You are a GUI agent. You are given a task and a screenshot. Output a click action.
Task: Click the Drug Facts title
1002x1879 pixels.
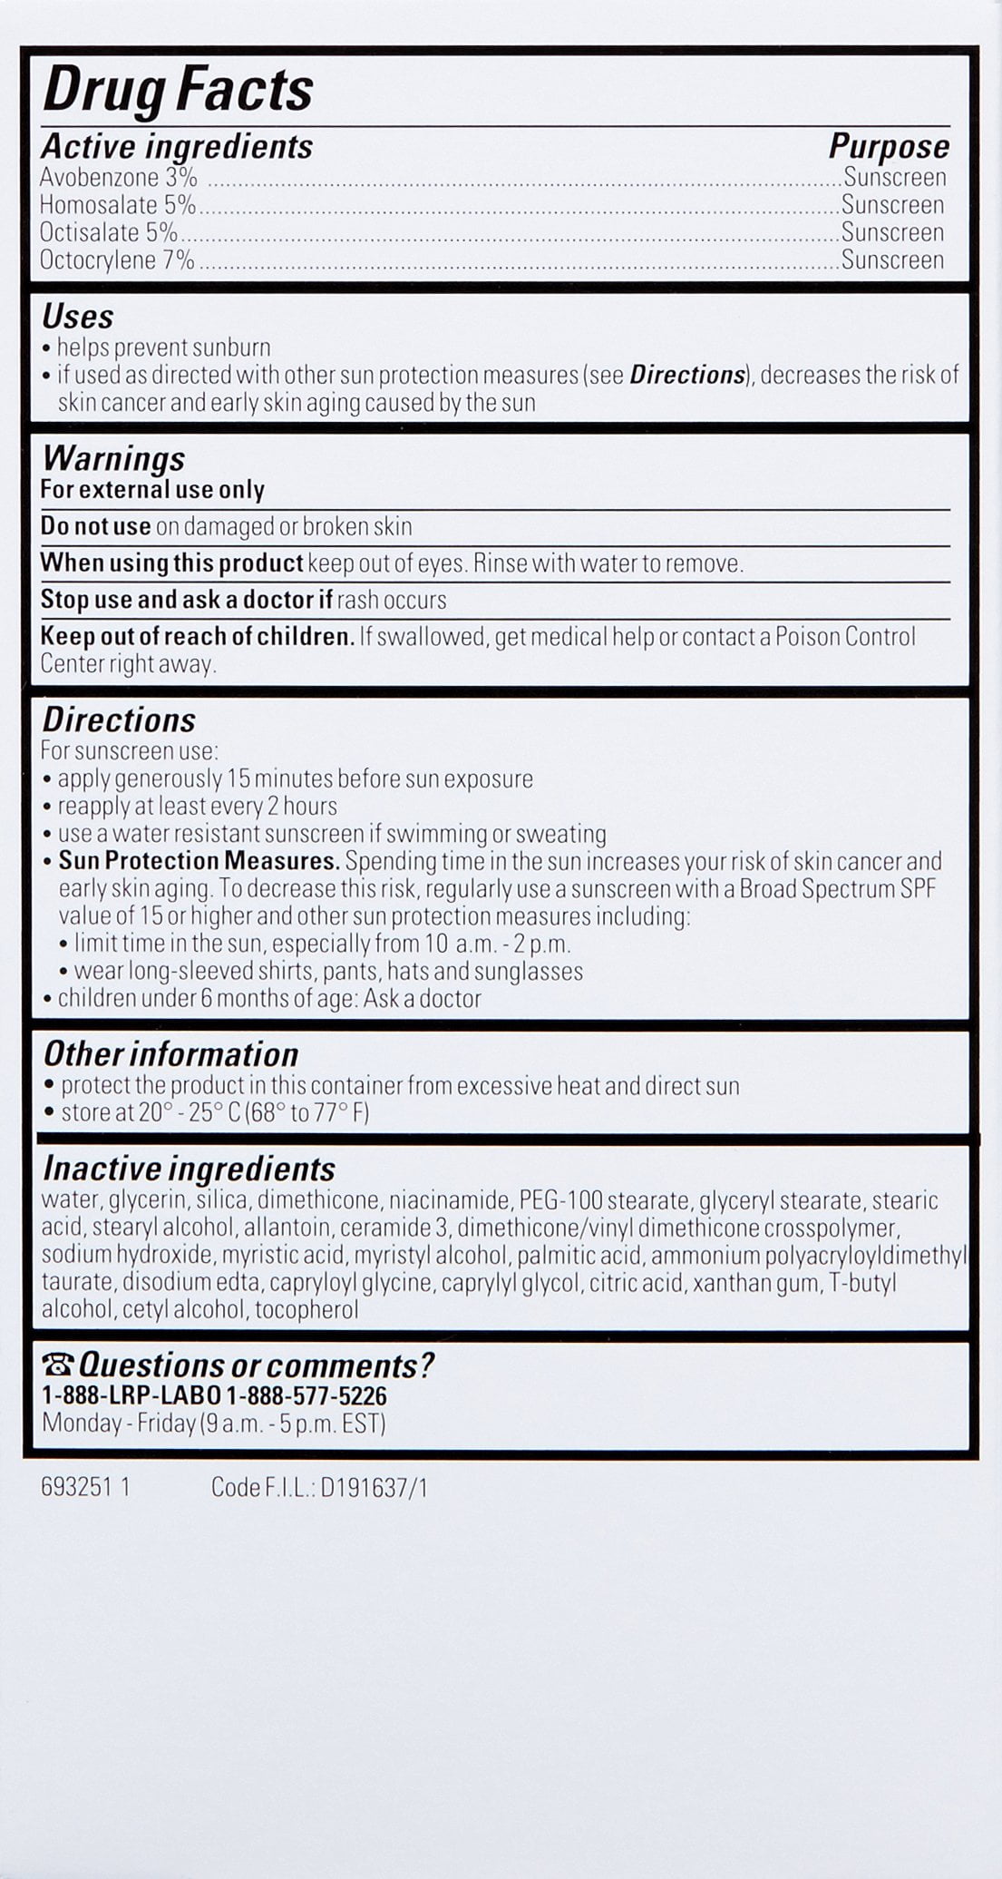click(x=178, y=91)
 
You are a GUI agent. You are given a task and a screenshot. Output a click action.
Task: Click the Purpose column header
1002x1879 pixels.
click(x=889, y=147)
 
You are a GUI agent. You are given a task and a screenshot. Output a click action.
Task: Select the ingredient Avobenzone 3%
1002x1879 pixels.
click(x=118, y=177)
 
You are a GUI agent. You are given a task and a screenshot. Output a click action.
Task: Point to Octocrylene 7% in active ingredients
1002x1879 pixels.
click(x=117, y=260)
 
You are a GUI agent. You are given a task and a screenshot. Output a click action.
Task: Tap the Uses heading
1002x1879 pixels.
click(x=78, y=317)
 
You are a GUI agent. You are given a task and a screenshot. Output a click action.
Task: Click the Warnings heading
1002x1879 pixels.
click(x=113, y=458)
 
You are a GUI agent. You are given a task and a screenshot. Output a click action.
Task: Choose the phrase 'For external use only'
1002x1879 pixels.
click(x=152, y=490)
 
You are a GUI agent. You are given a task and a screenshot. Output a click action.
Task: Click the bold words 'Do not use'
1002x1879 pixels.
click(x=95, y=526)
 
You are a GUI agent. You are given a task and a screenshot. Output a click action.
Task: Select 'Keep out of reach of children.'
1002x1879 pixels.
click(x=197, y=636)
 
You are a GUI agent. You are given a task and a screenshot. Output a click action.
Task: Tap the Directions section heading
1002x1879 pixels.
click(x=119, y=720)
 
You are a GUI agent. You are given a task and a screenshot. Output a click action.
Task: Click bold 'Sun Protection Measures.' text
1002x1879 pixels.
click(x=199, y=860)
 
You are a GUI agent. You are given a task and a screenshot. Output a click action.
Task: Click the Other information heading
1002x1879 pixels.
click(x=170, y=1054)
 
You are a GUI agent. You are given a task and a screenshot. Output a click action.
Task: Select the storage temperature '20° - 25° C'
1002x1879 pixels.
click(x=189, y=1112)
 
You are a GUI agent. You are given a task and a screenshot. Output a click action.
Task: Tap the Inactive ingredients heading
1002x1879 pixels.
click(x=189, y=1169)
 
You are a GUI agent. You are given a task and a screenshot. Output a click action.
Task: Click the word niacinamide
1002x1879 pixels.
click(x=449, y=1200)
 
